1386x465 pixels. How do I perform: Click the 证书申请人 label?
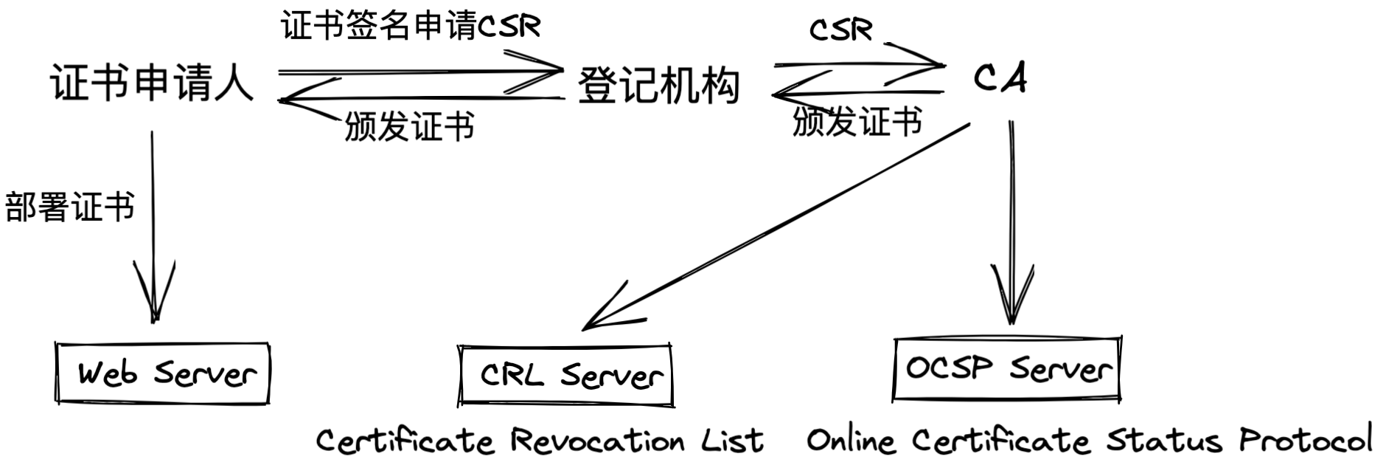pos(152,83)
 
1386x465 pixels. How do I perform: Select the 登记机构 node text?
pos(658,86)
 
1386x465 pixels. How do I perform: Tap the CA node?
pos(1000,78)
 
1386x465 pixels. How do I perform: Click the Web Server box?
pos(163,373)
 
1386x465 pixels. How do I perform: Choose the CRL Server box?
pos(565,375)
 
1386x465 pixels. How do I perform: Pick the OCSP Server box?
pos(1007,369)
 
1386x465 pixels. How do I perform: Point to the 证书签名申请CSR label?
pos(411,27)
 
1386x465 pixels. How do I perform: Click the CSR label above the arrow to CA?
pos(840,30)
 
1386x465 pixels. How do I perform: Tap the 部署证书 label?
pos(70,206)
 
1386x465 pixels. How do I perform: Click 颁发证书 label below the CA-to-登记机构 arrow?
pos(857,121)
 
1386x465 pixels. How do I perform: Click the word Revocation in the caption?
pos(598,441)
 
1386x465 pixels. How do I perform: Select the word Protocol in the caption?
pos(1305,440)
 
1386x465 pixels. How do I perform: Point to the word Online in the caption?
pos(852,441)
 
